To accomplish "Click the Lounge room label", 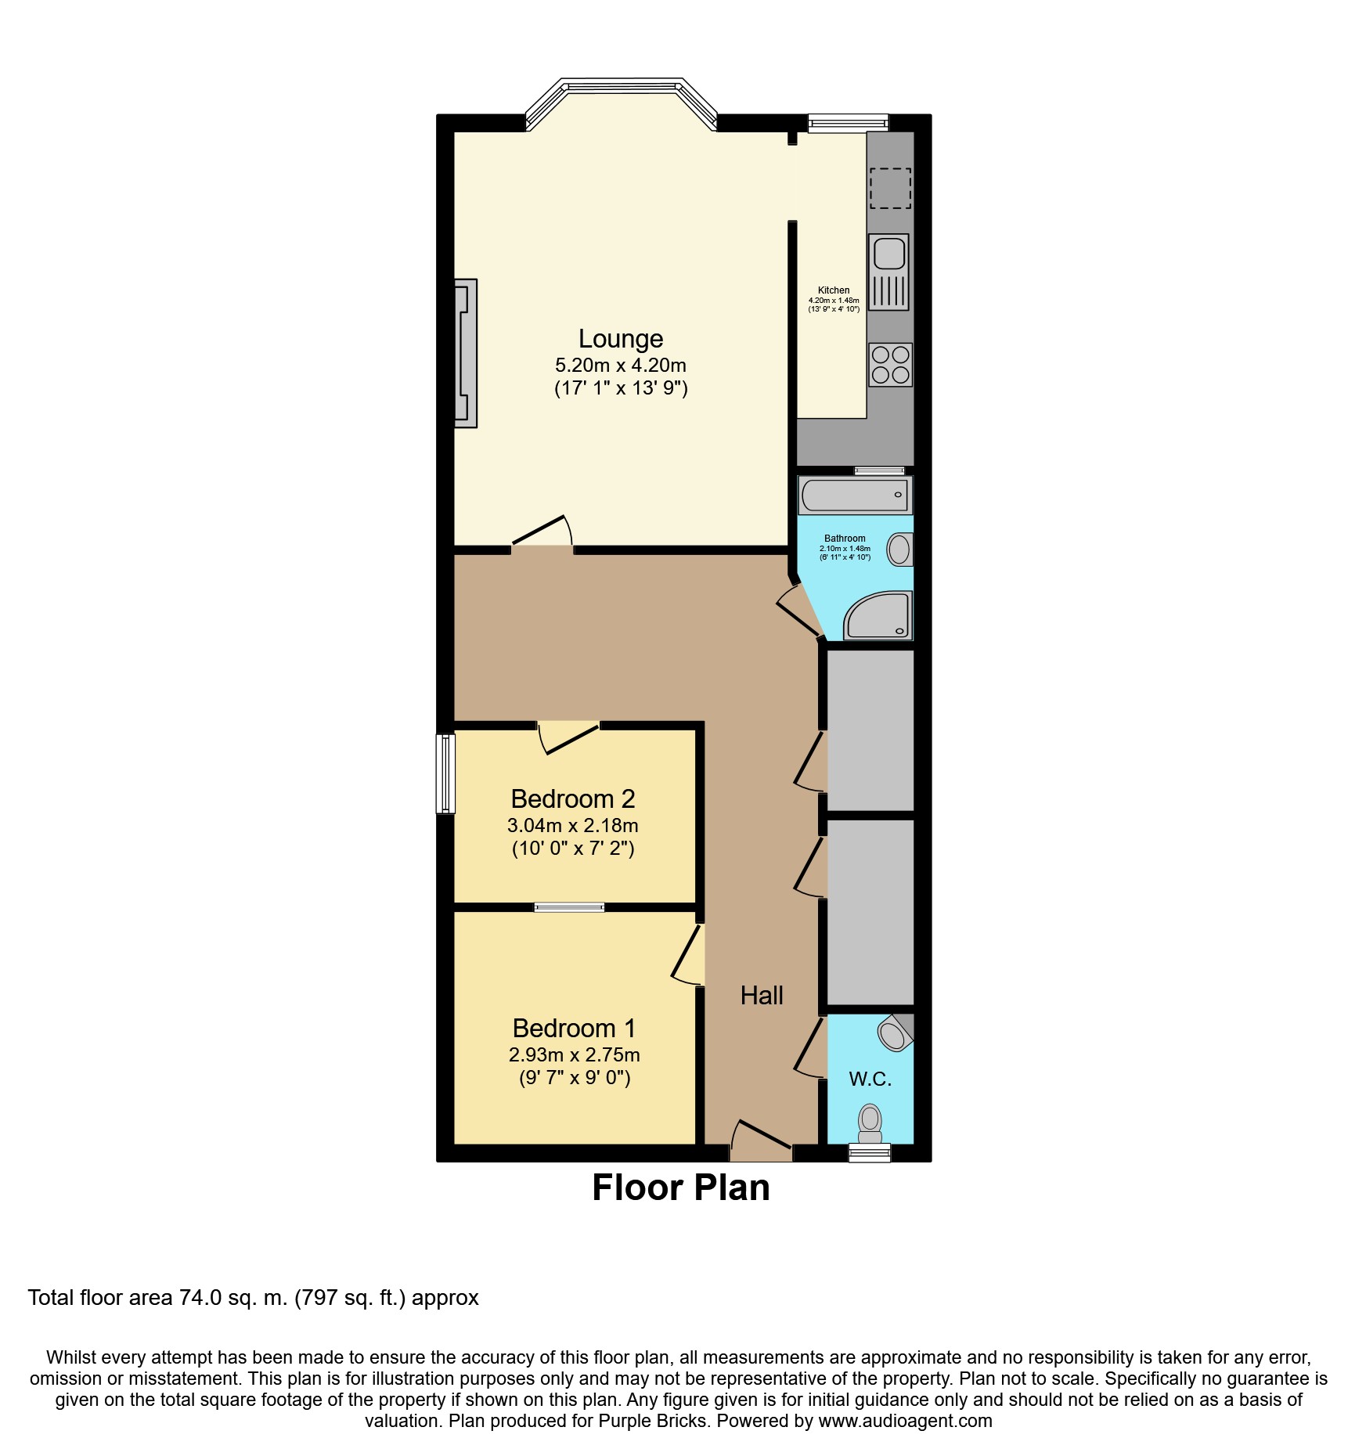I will pyautogui.click(x=620, y=338).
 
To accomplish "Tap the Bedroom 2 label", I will pyautogui.click(x=572, y=798).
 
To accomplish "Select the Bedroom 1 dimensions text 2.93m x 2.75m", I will pyautogui.click(x=574, y=1054).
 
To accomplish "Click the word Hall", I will pyautogui.click(x=761, y=995).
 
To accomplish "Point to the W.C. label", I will pyautogui.click(x=870, y=1079).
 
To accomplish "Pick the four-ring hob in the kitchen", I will pyautogui.click(x=890, y=365).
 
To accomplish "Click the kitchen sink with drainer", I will pyautogui.click(x=888, y=272).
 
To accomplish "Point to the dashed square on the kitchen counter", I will pyautogui.click(x=890, y=188).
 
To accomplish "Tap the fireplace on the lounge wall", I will pyautogui.click(x=466, y=353).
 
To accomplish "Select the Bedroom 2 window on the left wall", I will pyautogui.click(x=445, y=773).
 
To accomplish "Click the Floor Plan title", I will pyautogui.click(x=680, y=1188).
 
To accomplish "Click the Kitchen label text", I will pyautogui.click(x=833, y=290).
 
